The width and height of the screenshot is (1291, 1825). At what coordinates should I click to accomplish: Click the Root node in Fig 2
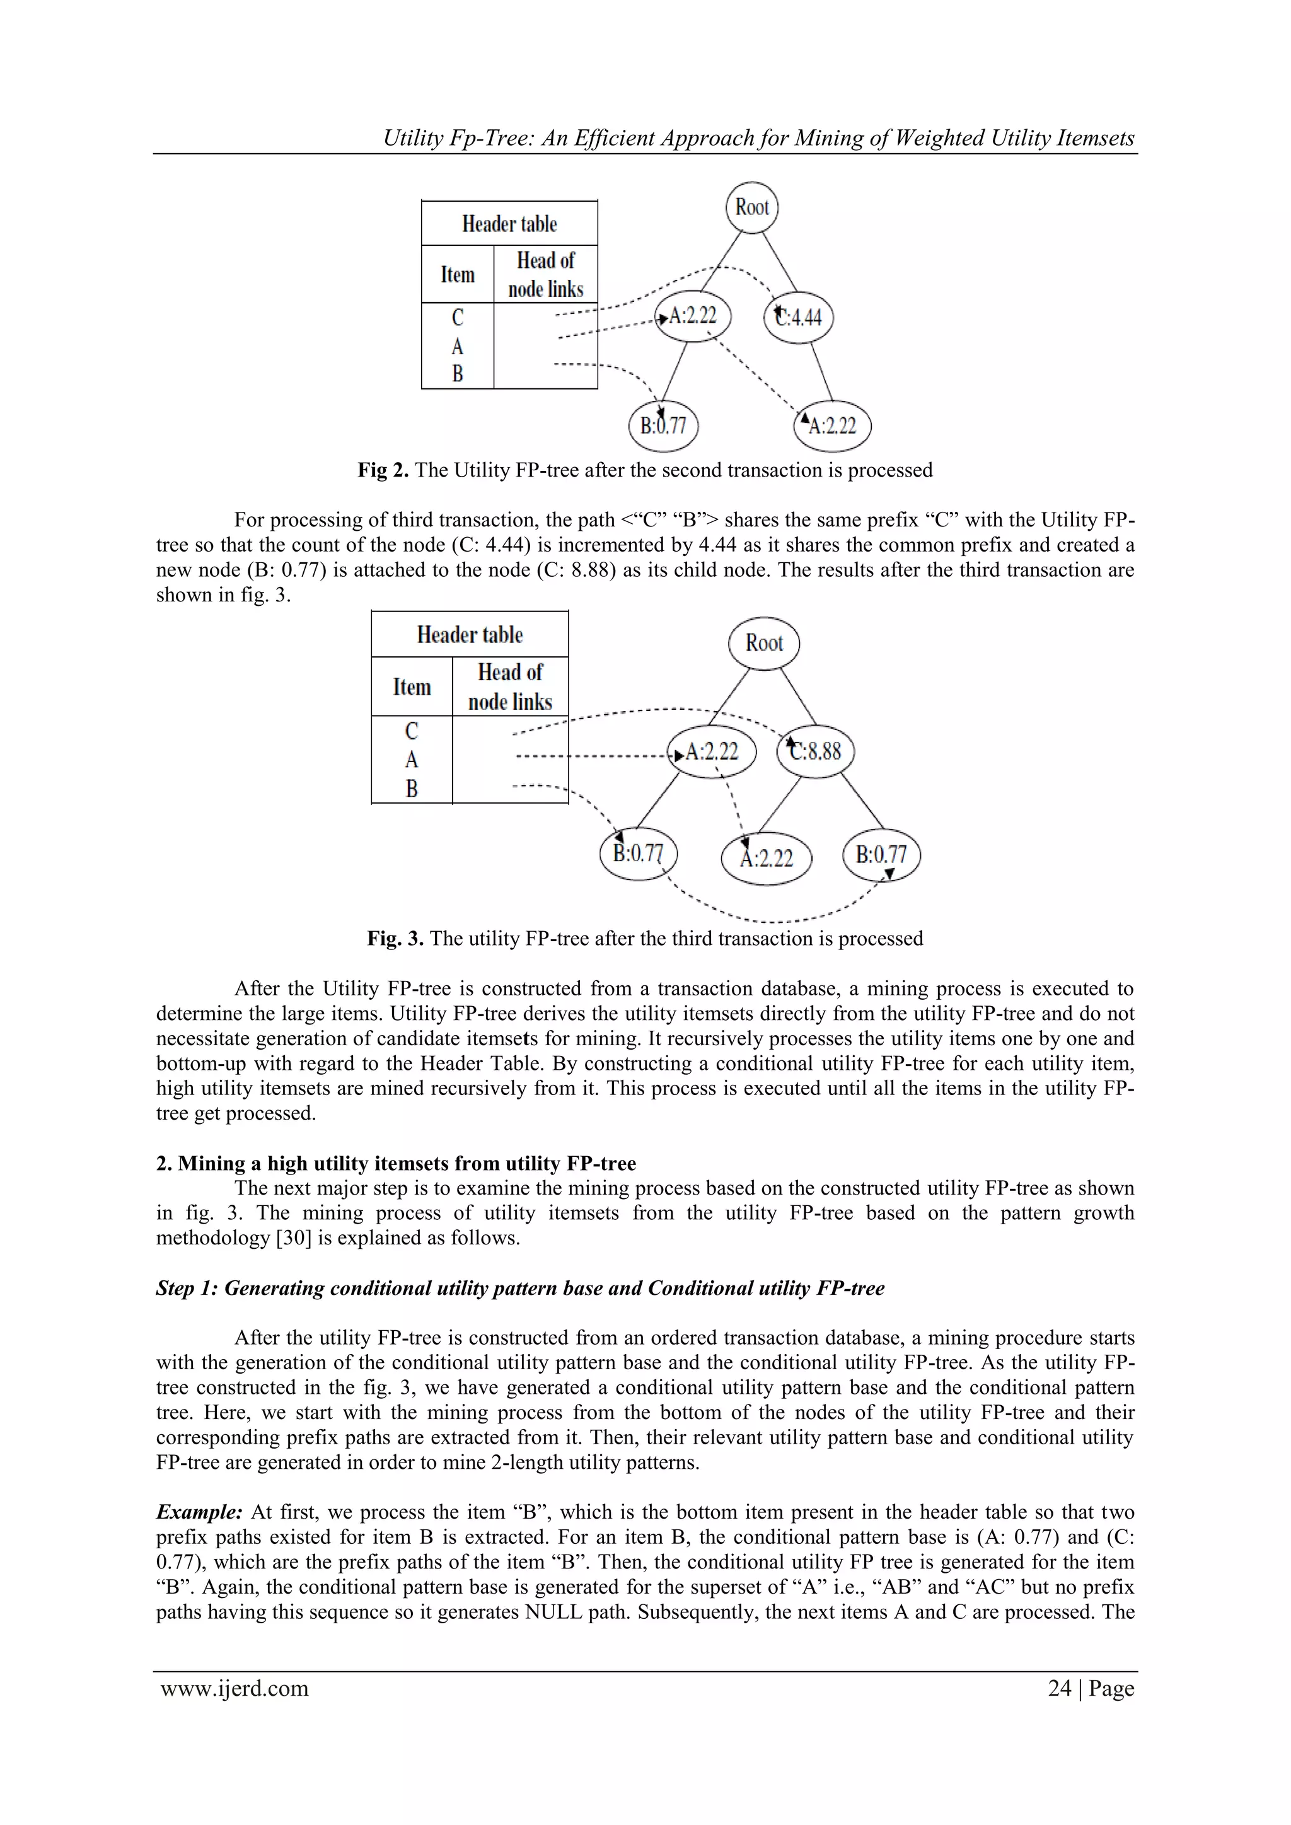pos(752,207)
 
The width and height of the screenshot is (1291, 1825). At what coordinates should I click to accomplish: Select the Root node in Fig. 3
pos(764,643)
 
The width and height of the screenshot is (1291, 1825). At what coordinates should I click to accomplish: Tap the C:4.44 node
pos(799,317)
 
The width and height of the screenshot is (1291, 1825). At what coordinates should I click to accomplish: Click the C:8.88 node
pos(816,751)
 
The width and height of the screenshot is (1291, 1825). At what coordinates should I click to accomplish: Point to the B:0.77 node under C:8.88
pos(881,854)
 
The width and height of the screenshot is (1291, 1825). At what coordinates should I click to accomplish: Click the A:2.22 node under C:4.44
pos(832,426)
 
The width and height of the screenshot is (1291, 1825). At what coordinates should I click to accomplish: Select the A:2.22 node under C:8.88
pos(767,857)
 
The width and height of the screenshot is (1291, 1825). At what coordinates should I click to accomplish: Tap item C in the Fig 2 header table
pos(458,318)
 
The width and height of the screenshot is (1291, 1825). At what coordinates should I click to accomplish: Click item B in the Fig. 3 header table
pos(412,789)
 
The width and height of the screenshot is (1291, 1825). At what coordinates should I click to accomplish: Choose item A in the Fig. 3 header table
pos(412,760)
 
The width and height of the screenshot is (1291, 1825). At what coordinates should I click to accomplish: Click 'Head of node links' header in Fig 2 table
pos(545,274)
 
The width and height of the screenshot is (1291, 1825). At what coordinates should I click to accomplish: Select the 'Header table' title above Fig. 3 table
pos(470,635)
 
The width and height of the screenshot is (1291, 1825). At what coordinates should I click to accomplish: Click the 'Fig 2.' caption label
pos(383,470)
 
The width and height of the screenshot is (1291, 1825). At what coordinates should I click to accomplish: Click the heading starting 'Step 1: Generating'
pos(520,1289)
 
